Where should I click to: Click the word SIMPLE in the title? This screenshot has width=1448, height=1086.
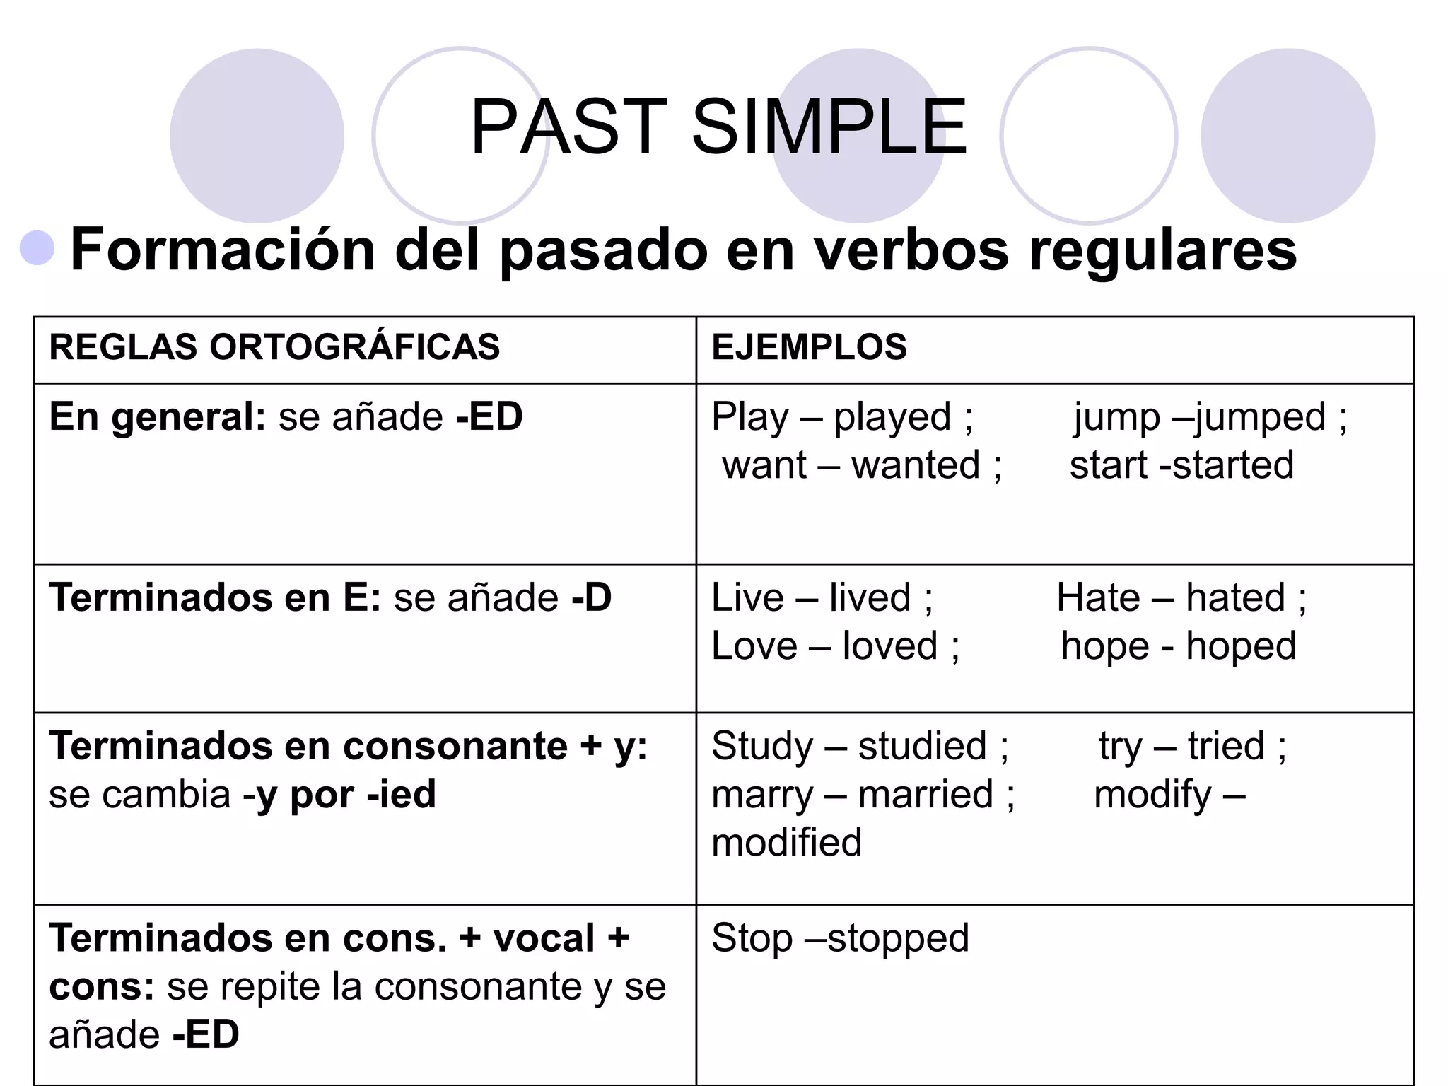click(x=829, y=127)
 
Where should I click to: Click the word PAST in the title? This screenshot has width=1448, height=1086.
click(x=568, y=127)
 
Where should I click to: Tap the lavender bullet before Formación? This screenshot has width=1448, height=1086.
click(x=37, y=248)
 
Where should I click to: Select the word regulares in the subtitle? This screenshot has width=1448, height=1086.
click(x=1162, y=251)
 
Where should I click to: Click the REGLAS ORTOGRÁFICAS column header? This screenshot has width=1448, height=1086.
click(x=274, y=347)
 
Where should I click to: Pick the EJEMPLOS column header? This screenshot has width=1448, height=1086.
click(x=809, y=347)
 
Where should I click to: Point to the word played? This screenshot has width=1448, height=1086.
click(x=892, y=418)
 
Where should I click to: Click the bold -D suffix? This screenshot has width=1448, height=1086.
click(x=591, y=598)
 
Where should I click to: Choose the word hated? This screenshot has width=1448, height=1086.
click(x=1234, y=598)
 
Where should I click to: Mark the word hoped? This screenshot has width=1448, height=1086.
click(x=1241, y=647)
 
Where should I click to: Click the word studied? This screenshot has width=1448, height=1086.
click(x=922, y=747)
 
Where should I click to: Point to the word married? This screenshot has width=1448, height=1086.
click(x=926, y=795)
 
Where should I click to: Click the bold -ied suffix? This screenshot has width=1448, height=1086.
click(x=401, y=795)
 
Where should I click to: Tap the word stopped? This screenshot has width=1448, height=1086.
click(x=898, y=939)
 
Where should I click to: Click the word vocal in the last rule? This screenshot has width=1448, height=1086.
click(x=544, y=939)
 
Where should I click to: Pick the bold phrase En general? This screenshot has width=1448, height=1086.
click(x=157, y=418)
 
